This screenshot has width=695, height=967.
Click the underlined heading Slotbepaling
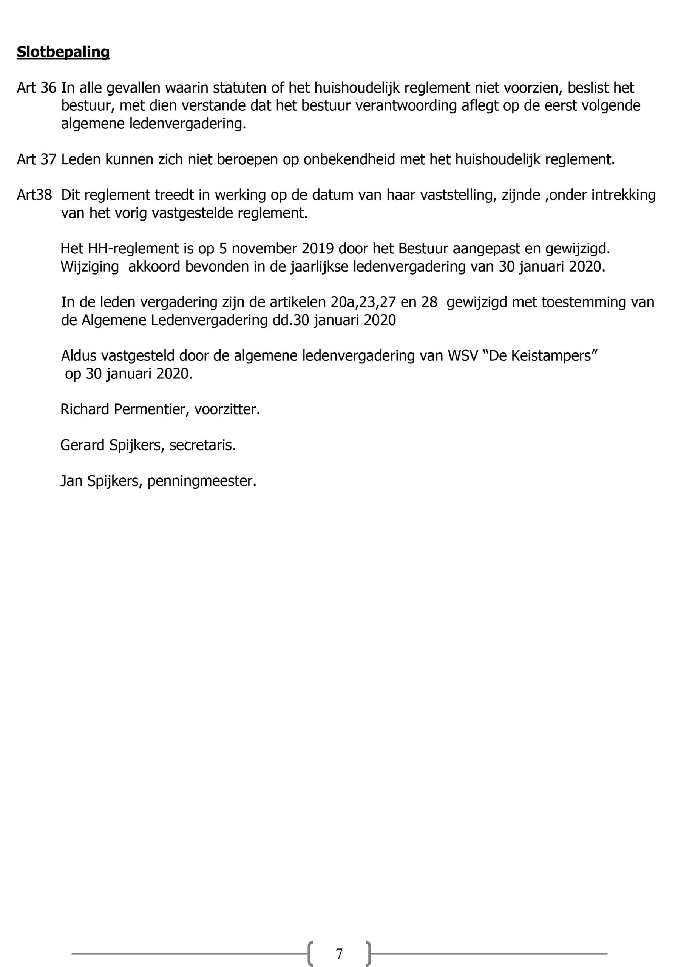click(63, 52)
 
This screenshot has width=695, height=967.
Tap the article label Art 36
click(36, 88)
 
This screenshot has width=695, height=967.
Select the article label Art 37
click(36, 159)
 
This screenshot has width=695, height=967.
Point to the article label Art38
click(34, 195)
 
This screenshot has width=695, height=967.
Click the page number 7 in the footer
click(339, 953)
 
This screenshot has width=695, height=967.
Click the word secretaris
click(202, 445)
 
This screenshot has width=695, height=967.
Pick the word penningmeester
click(202, 481)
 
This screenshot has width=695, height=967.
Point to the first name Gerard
click(82, 445)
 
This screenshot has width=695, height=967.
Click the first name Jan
click(71, 481)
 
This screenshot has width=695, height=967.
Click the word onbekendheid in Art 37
click(349, 159)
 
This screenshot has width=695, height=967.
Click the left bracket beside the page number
click(310, 953)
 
